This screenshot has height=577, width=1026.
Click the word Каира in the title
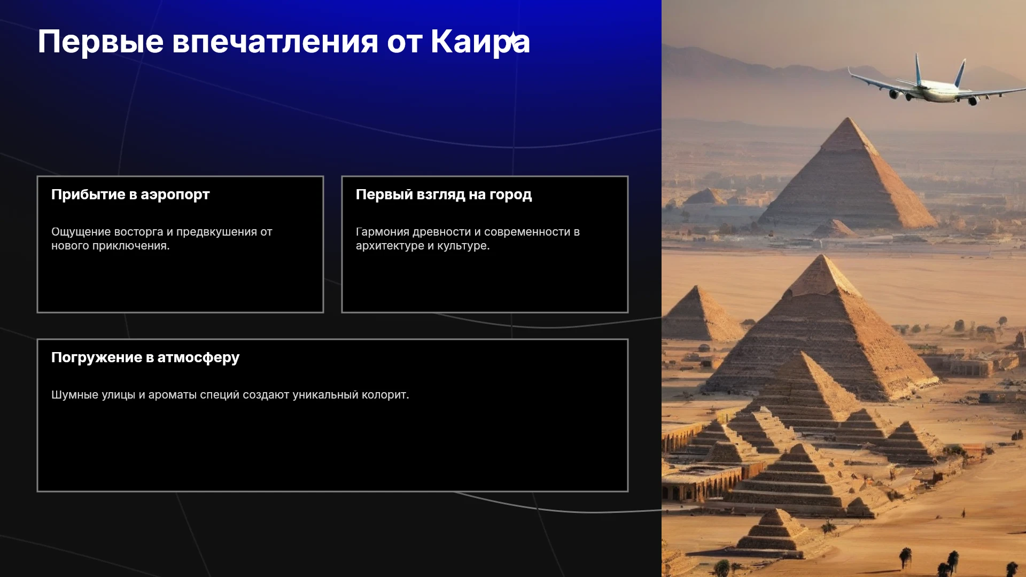point(480,41)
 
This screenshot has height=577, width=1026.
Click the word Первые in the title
point(100,41)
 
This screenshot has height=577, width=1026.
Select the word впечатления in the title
point(275,41)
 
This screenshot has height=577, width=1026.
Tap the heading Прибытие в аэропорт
point(130,194)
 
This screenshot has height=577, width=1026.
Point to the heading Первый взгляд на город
point(444,194)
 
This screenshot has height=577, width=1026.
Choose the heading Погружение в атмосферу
point(145,357)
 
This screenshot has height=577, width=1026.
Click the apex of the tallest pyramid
point(847,118)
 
